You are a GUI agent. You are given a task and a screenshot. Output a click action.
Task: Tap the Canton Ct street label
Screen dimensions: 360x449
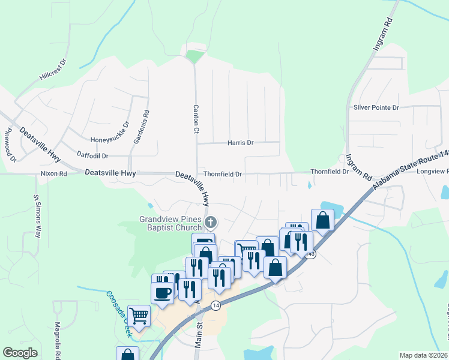point(196,118)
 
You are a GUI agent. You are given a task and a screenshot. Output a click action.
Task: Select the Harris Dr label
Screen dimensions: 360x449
point(240,143)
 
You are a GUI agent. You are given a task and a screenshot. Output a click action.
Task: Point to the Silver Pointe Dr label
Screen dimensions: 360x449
point(376,108)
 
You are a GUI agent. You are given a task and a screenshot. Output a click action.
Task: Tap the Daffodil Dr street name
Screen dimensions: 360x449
point(92,155)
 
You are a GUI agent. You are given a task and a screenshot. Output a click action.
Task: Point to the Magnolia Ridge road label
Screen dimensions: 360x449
point(58,342)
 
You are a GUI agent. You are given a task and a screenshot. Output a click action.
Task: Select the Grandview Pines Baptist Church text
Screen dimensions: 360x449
point(170,223)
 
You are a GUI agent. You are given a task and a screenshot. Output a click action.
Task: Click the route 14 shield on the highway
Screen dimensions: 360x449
point(215,305)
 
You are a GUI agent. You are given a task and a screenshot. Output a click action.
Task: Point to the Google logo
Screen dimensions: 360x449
point(20,353)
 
